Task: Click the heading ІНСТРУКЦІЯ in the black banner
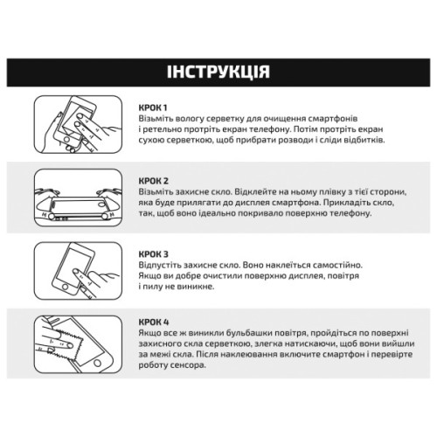(218, 71)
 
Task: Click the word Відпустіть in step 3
(163, 264)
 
